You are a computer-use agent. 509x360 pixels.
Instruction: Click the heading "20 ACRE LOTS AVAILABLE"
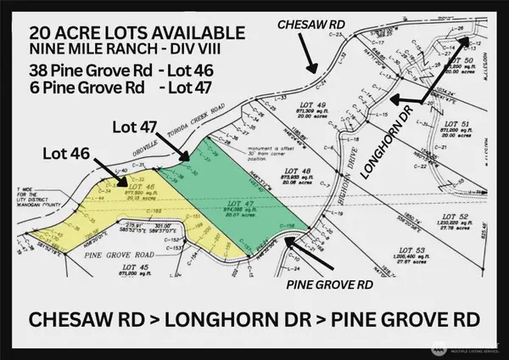point(137,32)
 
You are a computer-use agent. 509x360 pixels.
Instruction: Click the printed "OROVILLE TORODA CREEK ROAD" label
point(206,136)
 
